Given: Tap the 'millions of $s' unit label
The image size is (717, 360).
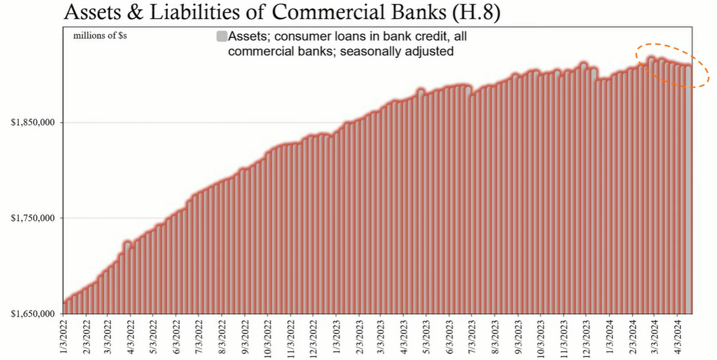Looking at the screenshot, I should point(100,36).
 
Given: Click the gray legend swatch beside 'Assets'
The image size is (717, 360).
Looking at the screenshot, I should point(221,37).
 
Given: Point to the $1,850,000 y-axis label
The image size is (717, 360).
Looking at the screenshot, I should point(34,122).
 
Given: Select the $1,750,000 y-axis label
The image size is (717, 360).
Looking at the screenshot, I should point(34,218).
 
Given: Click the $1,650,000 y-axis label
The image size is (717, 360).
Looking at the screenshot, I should point(34,314).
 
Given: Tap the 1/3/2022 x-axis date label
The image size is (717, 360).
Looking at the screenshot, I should point(63,336).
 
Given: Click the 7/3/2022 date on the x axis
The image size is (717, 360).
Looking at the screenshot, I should point(199,336).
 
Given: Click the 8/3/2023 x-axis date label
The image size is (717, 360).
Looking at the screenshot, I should point(495,336).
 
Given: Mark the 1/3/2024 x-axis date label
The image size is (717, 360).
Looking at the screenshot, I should point(609,336).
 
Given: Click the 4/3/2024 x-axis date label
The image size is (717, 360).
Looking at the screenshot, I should point(677,336).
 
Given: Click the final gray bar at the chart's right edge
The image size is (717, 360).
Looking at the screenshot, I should point(688,192).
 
